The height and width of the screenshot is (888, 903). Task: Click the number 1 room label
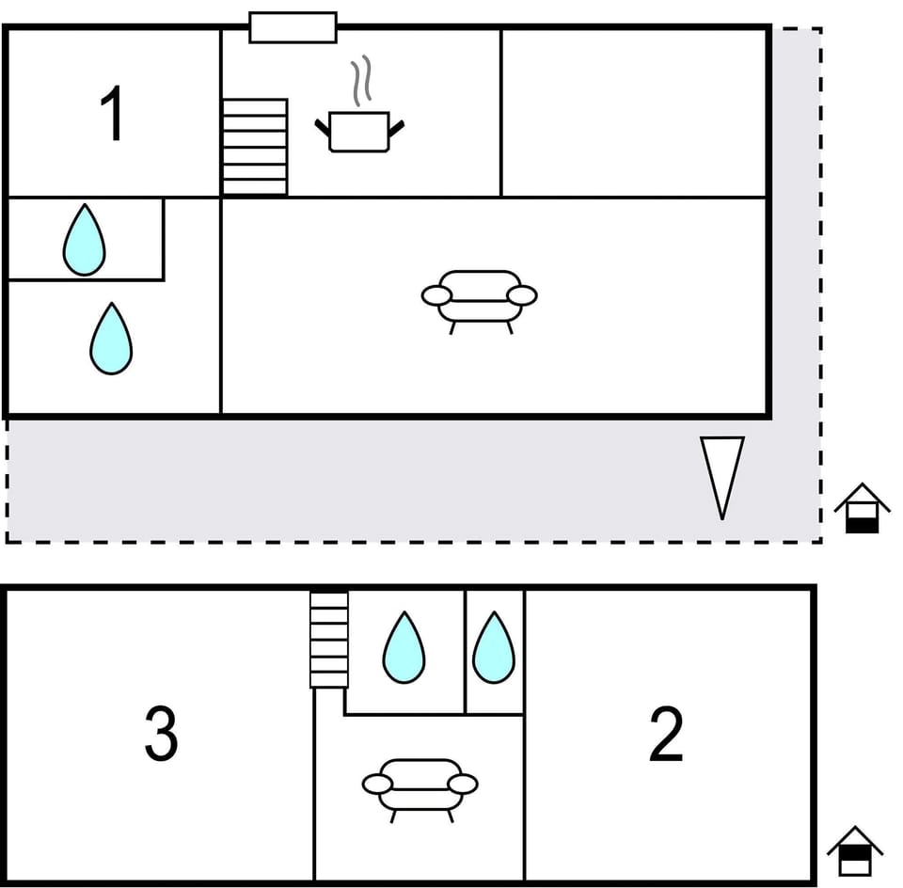click(x=112, y=115)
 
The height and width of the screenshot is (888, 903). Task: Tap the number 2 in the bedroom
click(x=666, y=735)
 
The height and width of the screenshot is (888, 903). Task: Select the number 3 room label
click(x=161, y=735)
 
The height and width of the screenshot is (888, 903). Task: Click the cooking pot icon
click(x=358, y=132)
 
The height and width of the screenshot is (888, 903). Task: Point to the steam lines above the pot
click(x=361, y=81)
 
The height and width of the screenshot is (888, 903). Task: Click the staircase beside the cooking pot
click(x=254, y=147)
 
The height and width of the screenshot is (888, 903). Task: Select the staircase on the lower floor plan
click(x=329, y=639)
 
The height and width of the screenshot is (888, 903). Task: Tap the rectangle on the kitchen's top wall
click(x=293, y=27)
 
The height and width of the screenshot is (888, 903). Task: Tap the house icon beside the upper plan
click(x=862, y=508)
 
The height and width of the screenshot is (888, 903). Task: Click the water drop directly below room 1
click(x=84, y=240)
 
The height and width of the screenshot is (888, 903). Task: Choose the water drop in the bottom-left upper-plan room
click(x=111, y=339)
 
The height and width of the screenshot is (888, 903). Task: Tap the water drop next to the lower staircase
click(x=404, y=647)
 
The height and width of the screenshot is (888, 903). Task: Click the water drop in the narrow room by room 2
click(x=493, y=647)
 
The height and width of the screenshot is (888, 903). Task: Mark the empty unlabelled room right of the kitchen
click(x=634, y=113)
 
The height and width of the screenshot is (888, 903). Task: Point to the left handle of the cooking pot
click(x=322, y=127)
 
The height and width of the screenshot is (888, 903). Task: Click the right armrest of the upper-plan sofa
click(x=521, y=295)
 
